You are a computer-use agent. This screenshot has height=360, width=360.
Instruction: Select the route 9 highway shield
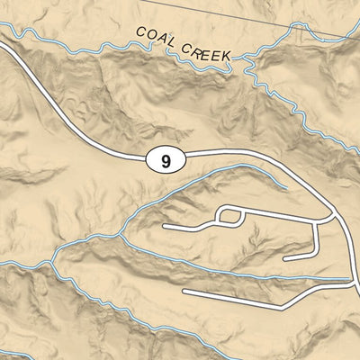click(x=164, y=162)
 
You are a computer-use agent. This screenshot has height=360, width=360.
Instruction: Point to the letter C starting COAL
click(x=141, y=32)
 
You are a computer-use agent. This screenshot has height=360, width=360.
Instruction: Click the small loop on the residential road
click(x=230, y=216)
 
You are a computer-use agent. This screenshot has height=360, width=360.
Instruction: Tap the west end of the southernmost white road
click(x=184, y=292)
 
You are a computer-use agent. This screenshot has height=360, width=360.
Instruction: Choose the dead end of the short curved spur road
click(x=285, y=258)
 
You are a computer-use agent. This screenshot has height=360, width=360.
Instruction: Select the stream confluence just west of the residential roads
click(x=120, y=236)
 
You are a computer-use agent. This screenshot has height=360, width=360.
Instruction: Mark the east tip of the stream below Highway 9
click(x=286, y=187)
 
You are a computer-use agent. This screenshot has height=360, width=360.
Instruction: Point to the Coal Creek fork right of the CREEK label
click(x=247, y=58)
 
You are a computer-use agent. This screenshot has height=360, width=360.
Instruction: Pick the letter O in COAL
click(x=150, y=35)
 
